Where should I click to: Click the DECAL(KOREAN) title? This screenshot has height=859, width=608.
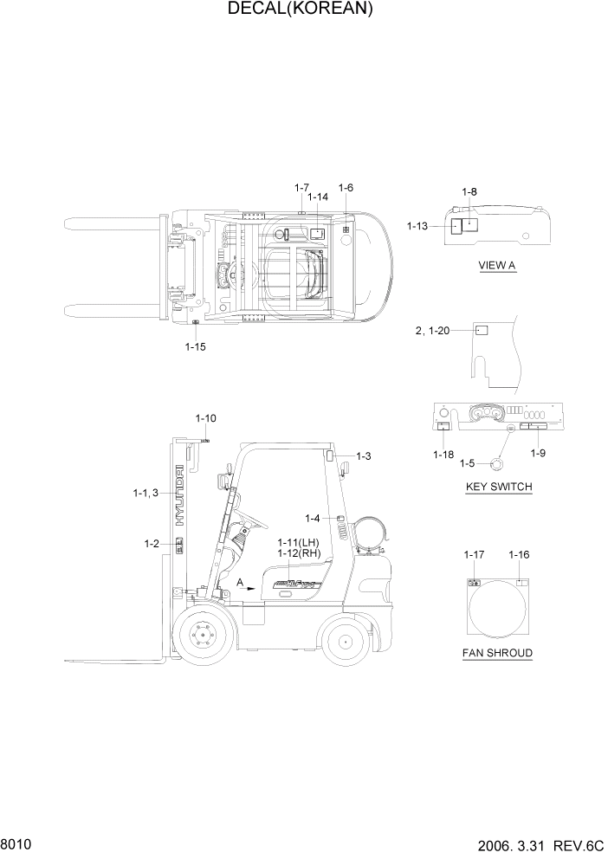pyautogui.click(x=301, y=10)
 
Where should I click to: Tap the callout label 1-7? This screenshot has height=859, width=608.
pyautogui.click(x=301, y=187)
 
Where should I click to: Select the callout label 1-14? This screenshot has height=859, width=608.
pyautogui.click(x=318, y=197)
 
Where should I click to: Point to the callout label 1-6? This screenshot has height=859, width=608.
pyautogui.click(x=346, y=187)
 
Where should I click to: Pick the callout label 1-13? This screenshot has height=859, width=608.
pyautogui.click(x=417, y=226)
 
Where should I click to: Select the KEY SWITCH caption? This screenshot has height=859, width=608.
pyautogui.click(x=499, y=487)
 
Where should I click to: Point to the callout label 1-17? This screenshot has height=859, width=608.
pyautogui.click(x=474, y=554)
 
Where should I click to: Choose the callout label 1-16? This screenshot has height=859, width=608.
pyautogui.click(x=520, y=554)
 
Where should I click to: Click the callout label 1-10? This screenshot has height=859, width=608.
pyautogui.click(x=205, y=419)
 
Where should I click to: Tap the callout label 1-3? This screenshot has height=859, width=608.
pyautogui.click(x=362, y=455)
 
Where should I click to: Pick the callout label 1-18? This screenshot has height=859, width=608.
pyautogui.click(x=443, y=454)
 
